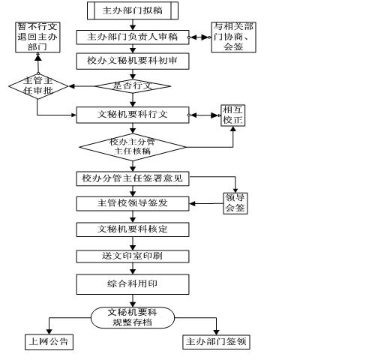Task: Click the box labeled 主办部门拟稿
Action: (133, 10)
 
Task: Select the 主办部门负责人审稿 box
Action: (133, 37)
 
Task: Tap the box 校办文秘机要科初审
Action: (133, 61)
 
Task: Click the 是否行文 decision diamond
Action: (133, 86)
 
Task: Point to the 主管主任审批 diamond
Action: (38, 86)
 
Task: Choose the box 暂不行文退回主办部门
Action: (37, 37)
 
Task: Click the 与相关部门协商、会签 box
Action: (233, 37)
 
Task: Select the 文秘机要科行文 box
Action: (133, 115)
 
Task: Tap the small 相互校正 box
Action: (232, 115)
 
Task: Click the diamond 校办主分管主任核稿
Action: (133, 147)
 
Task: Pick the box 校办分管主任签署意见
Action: (133, 178)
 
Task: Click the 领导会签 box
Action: (235, 203)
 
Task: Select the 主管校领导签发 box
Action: (133, 203)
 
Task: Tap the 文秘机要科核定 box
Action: (133, 229)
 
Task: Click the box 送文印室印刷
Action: (133, 256)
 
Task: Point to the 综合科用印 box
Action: (133, 284)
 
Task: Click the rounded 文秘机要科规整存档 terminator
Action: (133, 317)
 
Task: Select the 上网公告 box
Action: (49, 342)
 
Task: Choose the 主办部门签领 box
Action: (216, 342)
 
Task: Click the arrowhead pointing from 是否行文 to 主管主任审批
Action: (71, 86)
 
